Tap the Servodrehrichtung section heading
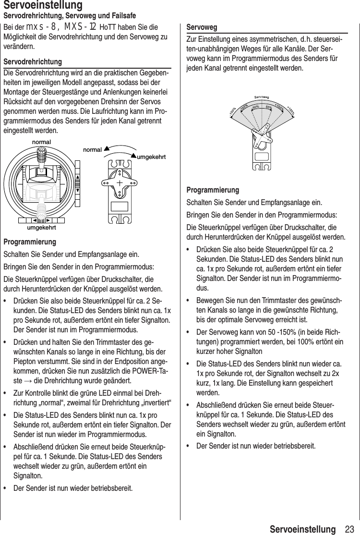[x=33, y=62]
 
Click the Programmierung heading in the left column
[x=30, y=242]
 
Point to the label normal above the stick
[x=41, y=143]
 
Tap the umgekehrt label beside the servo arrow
[x=152, y=157]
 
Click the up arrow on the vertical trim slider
[x=78, y=170]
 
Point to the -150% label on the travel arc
[x=232, y=112]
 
